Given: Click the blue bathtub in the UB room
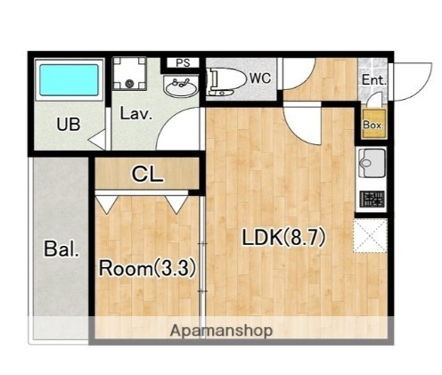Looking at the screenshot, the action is point(69,80).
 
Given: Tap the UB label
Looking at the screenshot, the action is point(69,125).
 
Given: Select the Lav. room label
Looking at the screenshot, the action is point(136,114).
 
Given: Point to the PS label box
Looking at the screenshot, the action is point(183,63).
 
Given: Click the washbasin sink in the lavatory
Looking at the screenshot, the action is point(181,86).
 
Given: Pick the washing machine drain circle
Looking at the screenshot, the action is point(129,84).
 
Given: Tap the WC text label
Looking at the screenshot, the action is point(260,78).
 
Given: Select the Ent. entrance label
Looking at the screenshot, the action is point(374,80).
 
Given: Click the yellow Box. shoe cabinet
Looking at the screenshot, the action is point(374,124).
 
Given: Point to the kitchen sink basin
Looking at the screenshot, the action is point(372,163).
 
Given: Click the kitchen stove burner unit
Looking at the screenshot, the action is point(372,199).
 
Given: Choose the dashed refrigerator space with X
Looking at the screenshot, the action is point(371,236).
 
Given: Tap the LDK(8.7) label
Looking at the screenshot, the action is point(284,238).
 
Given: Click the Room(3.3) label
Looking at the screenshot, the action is point(147,268).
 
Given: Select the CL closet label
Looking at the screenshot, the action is point(148,175).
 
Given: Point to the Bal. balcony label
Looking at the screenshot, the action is point(61,249).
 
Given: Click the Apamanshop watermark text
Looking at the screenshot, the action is point(221,330).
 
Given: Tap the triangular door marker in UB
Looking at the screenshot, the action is point(98,140).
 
